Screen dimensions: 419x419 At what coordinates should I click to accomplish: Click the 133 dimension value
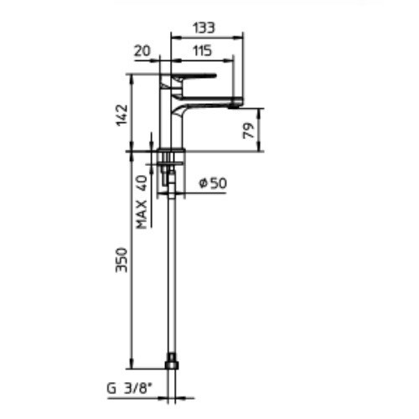point(204,28)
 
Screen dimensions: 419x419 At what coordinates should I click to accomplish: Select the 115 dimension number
point(202,51)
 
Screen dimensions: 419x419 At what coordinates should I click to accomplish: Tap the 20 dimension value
point(142,51)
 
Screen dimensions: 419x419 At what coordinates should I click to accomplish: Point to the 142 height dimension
point(122,116)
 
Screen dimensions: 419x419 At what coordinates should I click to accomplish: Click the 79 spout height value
point(249,131)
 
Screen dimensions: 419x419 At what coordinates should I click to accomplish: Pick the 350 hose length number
point(122,260)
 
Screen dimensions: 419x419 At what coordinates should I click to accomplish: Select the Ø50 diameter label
point(213,184)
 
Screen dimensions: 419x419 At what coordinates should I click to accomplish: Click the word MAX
point(142,215)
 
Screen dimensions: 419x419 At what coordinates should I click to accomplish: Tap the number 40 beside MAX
point(142,183)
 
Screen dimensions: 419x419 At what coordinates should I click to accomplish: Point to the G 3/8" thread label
point(130,388)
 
